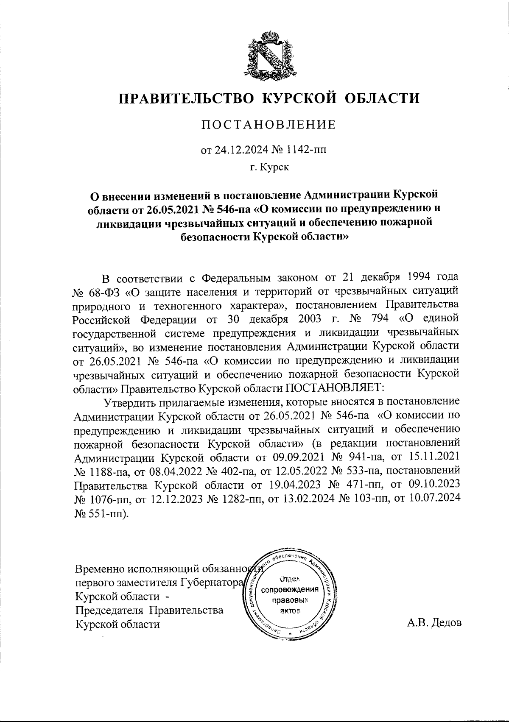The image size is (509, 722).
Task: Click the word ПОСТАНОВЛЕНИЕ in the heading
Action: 268,125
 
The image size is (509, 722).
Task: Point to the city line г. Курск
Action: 269,167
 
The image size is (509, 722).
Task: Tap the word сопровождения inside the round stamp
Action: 291,590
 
